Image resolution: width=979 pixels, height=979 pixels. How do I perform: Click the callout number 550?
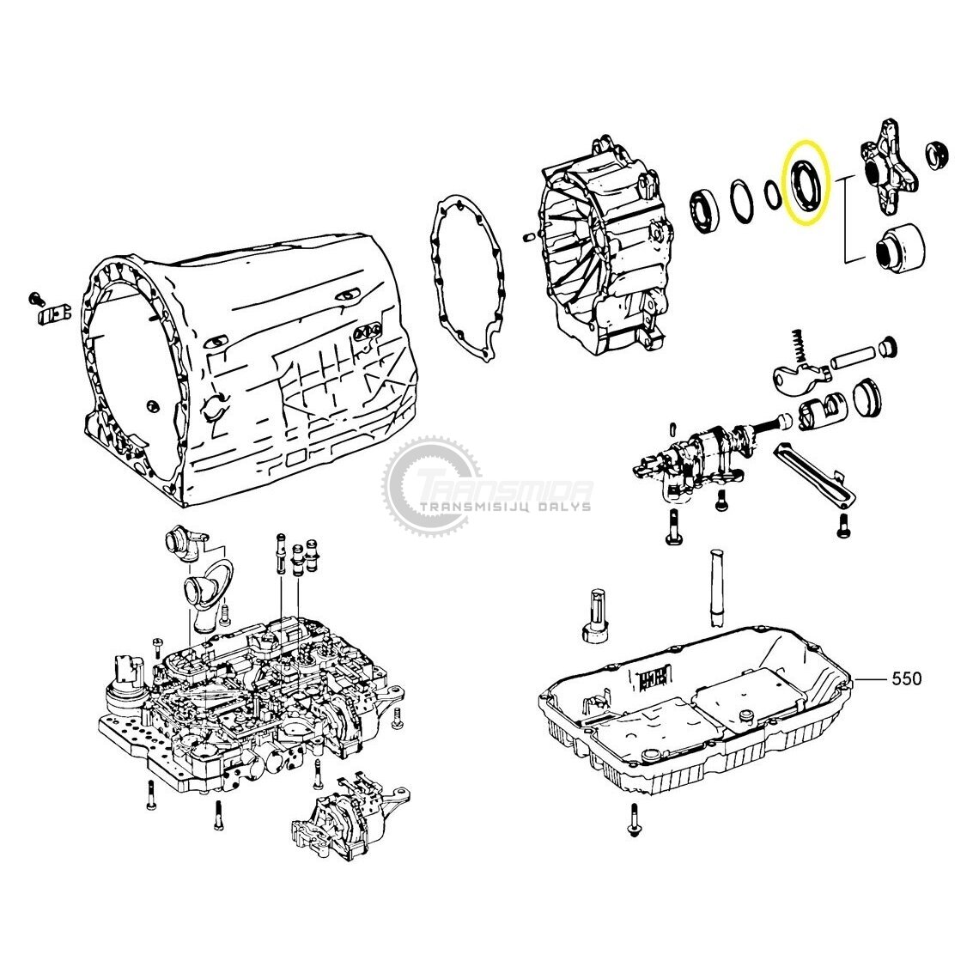click(906, 678)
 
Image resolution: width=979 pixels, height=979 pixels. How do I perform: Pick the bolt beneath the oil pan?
click(635, 820)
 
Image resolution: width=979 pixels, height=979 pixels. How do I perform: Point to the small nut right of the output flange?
click(937, 155)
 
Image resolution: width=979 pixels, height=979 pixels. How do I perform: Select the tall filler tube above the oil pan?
click(716, 587)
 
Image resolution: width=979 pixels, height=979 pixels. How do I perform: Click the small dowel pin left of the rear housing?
click(528, 237)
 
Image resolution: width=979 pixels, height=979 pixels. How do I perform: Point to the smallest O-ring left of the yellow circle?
click(773, 194)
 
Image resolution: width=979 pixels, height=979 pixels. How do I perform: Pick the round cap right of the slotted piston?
click(868, 397)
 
